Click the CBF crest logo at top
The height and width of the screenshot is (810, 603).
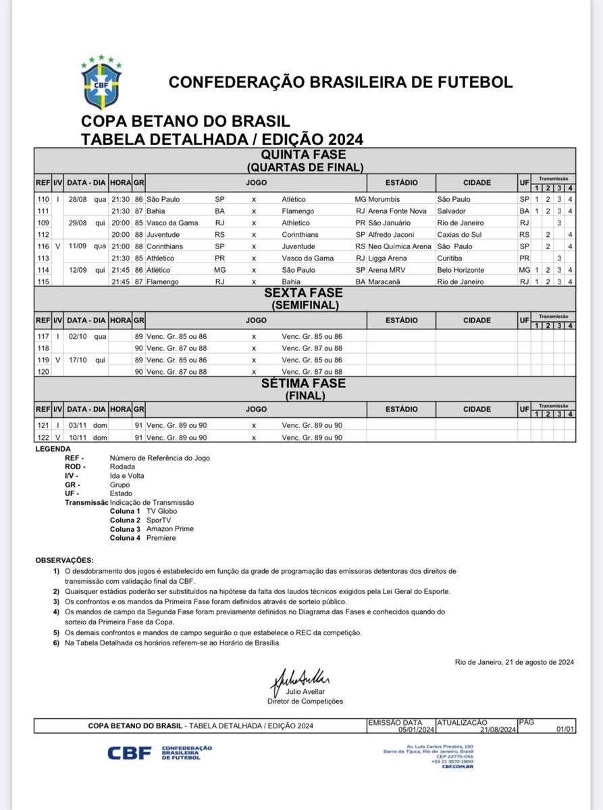click(x=101, y=81)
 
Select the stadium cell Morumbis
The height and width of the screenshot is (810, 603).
click(x=386, y=199)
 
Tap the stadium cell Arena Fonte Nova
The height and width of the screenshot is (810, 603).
click(x=396, y=211)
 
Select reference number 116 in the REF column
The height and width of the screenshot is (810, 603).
click(x=43, y=246)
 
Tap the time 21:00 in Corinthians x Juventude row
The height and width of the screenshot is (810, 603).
click(x=120, y=246)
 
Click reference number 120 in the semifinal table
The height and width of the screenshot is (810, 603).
click(x=43, y=371)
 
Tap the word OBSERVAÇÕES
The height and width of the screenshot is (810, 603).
click(x=65, y=561)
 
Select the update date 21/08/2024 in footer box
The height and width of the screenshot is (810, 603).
click(x=497, y=730)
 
